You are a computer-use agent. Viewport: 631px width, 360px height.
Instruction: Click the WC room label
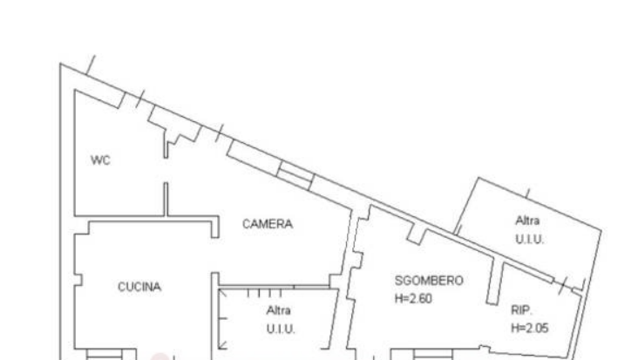[x=100, y=160]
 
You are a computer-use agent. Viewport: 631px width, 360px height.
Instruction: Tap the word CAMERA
[x=268, y=224]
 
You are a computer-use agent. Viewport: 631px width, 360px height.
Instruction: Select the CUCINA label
[x=139, y=287]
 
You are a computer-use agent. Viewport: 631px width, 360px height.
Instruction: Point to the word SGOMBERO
[x=429, y=281]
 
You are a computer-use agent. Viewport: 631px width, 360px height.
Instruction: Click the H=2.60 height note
[x=413, y=299]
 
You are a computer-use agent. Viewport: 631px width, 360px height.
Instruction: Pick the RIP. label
[x=521, y=310]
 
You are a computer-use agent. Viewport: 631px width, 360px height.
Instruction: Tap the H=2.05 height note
[x=530, y=329]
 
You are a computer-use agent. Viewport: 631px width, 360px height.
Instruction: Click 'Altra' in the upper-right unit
[x=527, y=221]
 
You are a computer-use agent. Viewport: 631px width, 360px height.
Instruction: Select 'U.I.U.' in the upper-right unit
[x=530, y=239]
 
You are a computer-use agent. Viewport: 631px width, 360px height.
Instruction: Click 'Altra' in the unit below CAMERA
[x=279, y=310]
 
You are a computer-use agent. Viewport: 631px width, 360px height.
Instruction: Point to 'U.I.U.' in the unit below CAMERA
[x=281, y=329]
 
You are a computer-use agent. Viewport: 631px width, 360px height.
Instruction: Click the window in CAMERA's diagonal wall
[x=296, y=175]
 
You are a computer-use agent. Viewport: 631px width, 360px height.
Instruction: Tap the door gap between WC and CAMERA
[x=166, y=170]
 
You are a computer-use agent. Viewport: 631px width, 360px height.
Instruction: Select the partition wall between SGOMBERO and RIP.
[x=494, y=281]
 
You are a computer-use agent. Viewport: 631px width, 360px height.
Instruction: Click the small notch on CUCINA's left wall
[x=78, y=280]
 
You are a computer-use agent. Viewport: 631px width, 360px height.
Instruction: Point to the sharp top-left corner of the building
[x=60, y=64]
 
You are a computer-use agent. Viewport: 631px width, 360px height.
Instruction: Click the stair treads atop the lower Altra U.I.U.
[x=264, y=293]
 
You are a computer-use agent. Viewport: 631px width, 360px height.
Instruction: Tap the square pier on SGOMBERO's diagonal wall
[x=416, y=236]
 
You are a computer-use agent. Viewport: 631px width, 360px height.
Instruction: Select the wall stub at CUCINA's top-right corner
[x=215, y=227]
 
